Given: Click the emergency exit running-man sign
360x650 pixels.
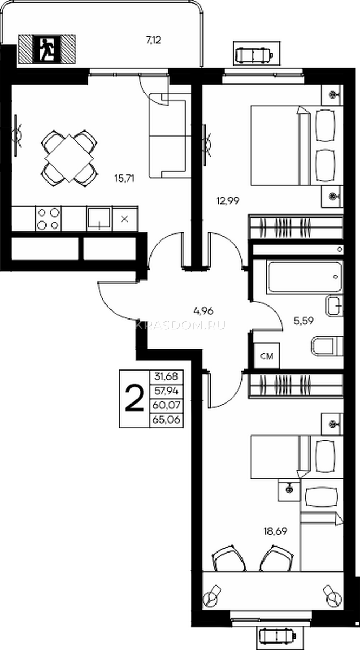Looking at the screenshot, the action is pyautogui.click(x=47, y=49).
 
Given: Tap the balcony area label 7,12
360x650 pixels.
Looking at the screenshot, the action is pyautogui.click(x=153, y=40).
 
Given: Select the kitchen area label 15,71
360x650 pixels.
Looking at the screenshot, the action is pyautogui.click(x=125, y=178).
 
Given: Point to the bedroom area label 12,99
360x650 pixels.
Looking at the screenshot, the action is pyautogui.click(x=228, y=200).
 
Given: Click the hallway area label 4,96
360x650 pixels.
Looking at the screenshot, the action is pyautogui.click(x=204, y=311).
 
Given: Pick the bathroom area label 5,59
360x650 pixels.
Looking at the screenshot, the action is pyautogui.click(x=304, y=321).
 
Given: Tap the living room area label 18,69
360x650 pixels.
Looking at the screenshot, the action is pyautogui.click(x=276, y=531).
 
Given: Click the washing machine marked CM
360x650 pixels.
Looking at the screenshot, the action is pyautogui.click(x=267, y=356).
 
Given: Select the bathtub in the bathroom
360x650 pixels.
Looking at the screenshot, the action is pyautogui.click(x=305, y=277).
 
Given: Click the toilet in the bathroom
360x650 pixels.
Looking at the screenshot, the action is pyautogui.click(x=328, y=346).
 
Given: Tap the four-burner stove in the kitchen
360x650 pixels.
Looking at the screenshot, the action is pyautogui.click(x=48, y=219).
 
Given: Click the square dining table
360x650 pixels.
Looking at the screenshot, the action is pyautogui.click(x=69, y=158).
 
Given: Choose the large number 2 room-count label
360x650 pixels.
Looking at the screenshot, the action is pyautogui.click(x=134, y=399).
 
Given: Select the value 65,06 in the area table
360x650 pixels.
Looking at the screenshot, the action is pyautogui.click(x=167, y=419).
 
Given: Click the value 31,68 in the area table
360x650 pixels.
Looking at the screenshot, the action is pyautogui.click(x=166, y=376).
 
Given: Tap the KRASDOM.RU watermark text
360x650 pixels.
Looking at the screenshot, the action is pyautogui.click(x=180, y=326).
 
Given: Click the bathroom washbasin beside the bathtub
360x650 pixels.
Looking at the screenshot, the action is pyautogui.click(x=335, y=305).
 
